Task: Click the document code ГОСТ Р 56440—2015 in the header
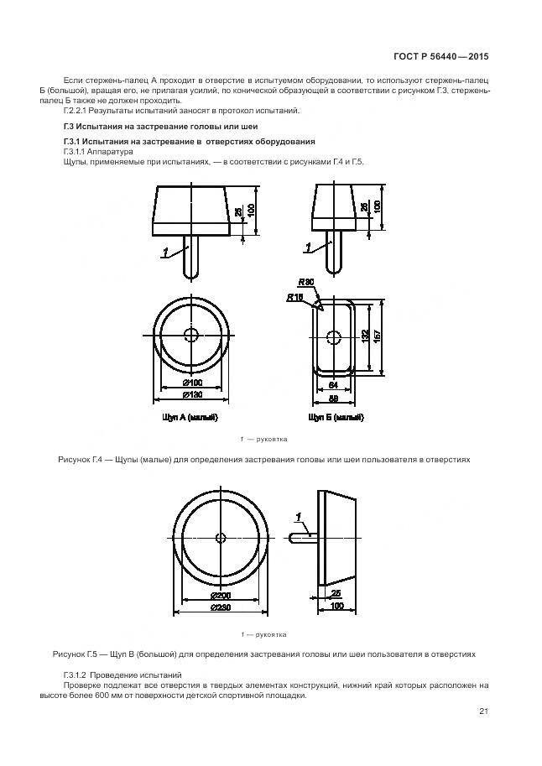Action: tap(440, 57)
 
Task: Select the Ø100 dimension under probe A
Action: tap(190, 383)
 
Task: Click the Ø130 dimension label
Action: tap(190, 394)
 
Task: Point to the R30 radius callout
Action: tap(305, 284)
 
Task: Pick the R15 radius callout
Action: tap(294, 297)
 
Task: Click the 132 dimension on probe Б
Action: tap(365, 336)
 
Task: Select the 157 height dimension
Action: tap(378, 335)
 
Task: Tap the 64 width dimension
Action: tap(333, 383)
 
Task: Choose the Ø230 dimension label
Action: tap(221, 606)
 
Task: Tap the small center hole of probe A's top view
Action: tap(191, 336)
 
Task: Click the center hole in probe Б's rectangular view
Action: tap(334, 336)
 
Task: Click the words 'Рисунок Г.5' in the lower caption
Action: tap(78, 653)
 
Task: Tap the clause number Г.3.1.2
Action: tap(76, 675)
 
